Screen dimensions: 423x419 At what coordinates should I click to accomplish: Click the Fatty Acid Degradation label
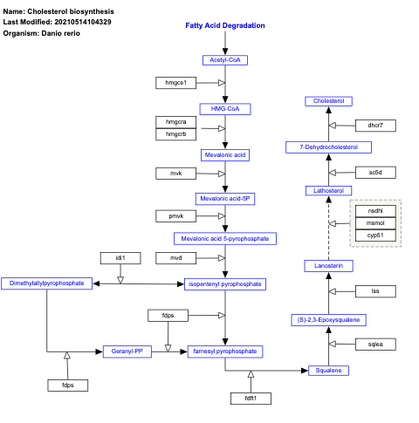(225, 25)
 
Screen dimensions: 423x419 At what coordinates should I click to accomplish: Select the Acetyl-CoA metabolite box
(225, 59)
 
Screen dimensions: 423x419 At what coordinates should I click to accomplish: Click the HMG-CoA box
(225, 109)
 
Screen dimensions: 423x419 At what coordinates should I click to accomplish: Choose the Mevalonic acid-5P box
(225, 199)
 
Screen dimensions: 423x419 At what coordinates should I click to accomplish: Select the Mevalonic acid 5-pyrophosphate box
(225, 238)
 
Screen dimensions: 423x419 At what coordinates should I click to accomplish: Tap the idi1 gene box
(120, 258)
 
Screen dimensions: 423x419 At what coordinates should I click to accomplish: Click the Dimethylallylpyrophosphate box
(48, 283)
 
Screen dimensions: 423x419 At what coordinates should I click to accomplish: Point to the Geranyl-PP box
(127, 351)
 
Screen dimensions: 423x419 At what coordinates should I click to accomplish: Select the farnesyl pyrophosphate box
(225, 351)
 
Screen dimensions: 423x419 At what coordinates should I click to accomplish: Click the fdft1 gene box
(251, 399)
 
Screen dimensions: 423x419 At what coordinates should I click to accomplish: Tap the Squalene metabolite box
(328, 371)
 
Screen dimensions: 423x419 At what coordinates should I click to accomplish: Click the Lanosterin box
(328, 265)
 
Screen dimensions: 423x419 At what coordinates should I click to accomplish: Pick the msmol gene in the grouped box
(375, 223)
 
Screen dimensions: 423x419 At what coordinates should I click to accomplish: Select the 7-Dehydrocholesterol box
(328, 147)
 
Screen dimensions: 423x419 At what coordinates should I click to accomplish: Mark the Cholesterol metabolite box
(328, 101)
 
